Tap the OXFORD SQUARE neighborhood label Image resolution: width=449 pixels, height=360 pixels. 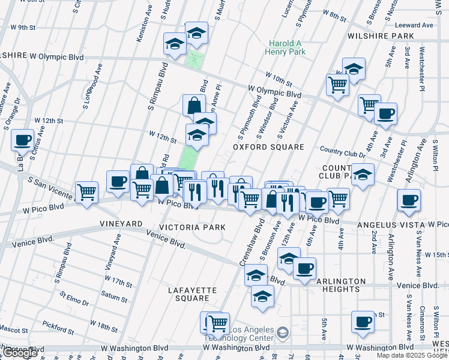268,147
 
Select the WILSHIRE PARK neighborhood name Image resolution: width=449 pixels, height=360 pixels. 381,37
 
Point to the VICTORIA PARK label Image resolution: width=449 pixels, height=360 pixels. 192,228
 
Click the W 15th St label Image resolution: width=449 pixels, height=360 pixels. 436,255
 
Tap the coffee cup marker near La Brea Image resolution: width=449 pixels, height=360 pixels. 23,140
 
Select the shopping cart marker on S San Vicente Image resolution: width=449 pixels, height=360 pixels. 87,193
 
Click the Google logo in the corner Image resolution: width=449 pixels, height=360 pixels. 20,353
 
